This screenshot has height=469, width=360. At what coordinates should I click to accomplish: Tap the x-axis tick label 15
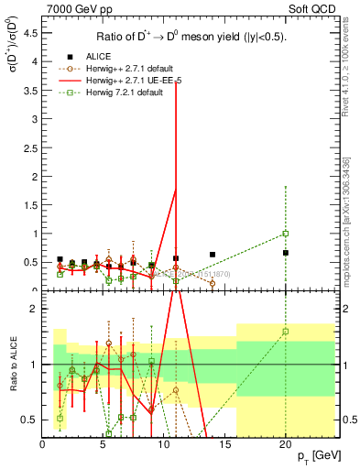224,446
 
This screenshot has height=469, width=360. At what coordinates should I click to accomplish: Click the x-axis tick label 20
285,446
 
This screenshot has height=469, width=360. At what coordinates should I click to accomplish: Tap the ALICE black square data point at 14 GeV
213,255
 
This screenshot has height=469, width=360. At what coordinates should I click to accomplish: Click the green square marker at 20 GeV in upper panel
285,234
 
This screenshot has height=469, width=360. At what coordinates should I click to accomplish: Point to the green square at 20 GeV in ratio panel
285,332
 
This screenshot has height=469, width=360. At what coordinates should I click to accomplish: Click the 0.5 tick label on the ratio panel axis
30,420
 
